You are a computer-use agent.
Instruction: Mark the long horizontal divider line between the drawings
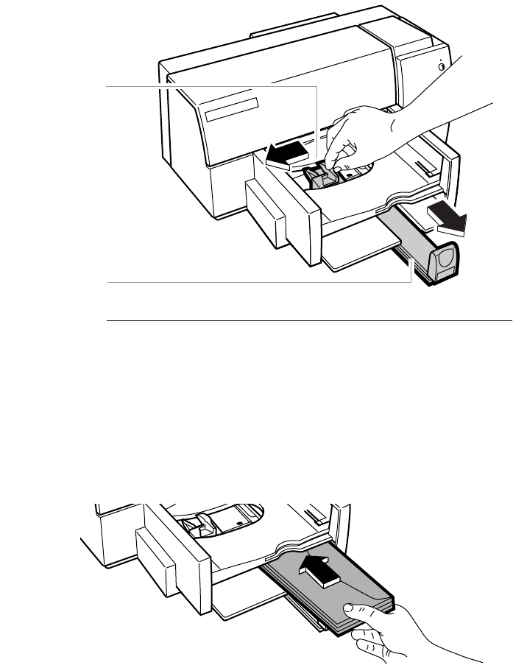pyautogui.click(x=309, y=321)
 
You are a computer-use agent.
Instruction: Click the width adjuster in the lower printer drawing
pyautogui.click(x=194, y=525)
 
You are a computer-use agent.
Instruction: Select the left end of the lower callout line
pyautogui.click(x=108, y=282)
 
